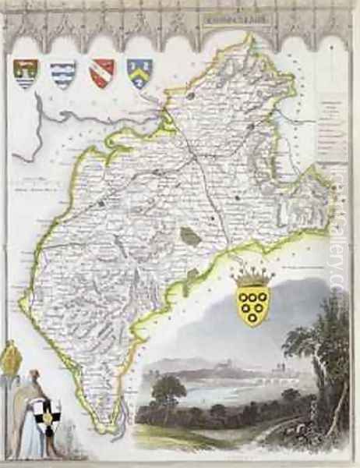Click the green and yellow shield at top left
coord(26,73)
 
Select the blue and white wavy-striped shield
coord(63,74)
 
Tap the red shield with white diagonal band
coord(102,72)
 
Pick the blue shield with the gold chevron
coord(139,73)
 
